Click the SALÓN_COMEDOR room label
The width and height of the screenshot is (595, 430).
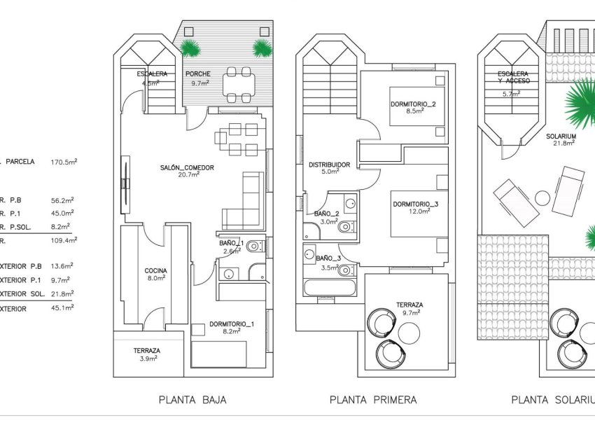[186, 167]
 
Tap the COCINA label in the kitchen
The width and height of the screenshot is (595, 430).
[155, 270]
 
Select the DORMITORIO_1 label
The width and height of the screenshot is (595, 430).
[232, 324]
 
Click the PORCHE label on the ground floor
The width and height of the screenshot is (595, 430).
[197, 74]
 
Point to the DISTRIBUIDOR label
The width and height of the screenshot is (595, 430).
[329, 165]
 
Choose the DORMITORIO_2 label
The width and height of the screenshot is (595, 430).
[413, 105]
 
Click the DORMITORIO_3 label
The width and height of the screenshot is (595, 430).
[415, 204]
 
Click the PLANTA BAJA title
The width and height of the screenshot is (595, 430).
[192, 400]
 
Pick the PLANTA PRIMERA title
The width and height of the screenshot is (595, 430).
[373, 400]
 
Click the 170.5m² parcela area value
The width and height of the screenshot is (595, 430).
[64, 162]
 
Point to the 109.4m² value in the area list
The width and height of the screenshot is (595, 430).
[64, 240]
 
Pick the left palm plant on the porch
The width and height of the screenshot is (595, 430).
[189, 48]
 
